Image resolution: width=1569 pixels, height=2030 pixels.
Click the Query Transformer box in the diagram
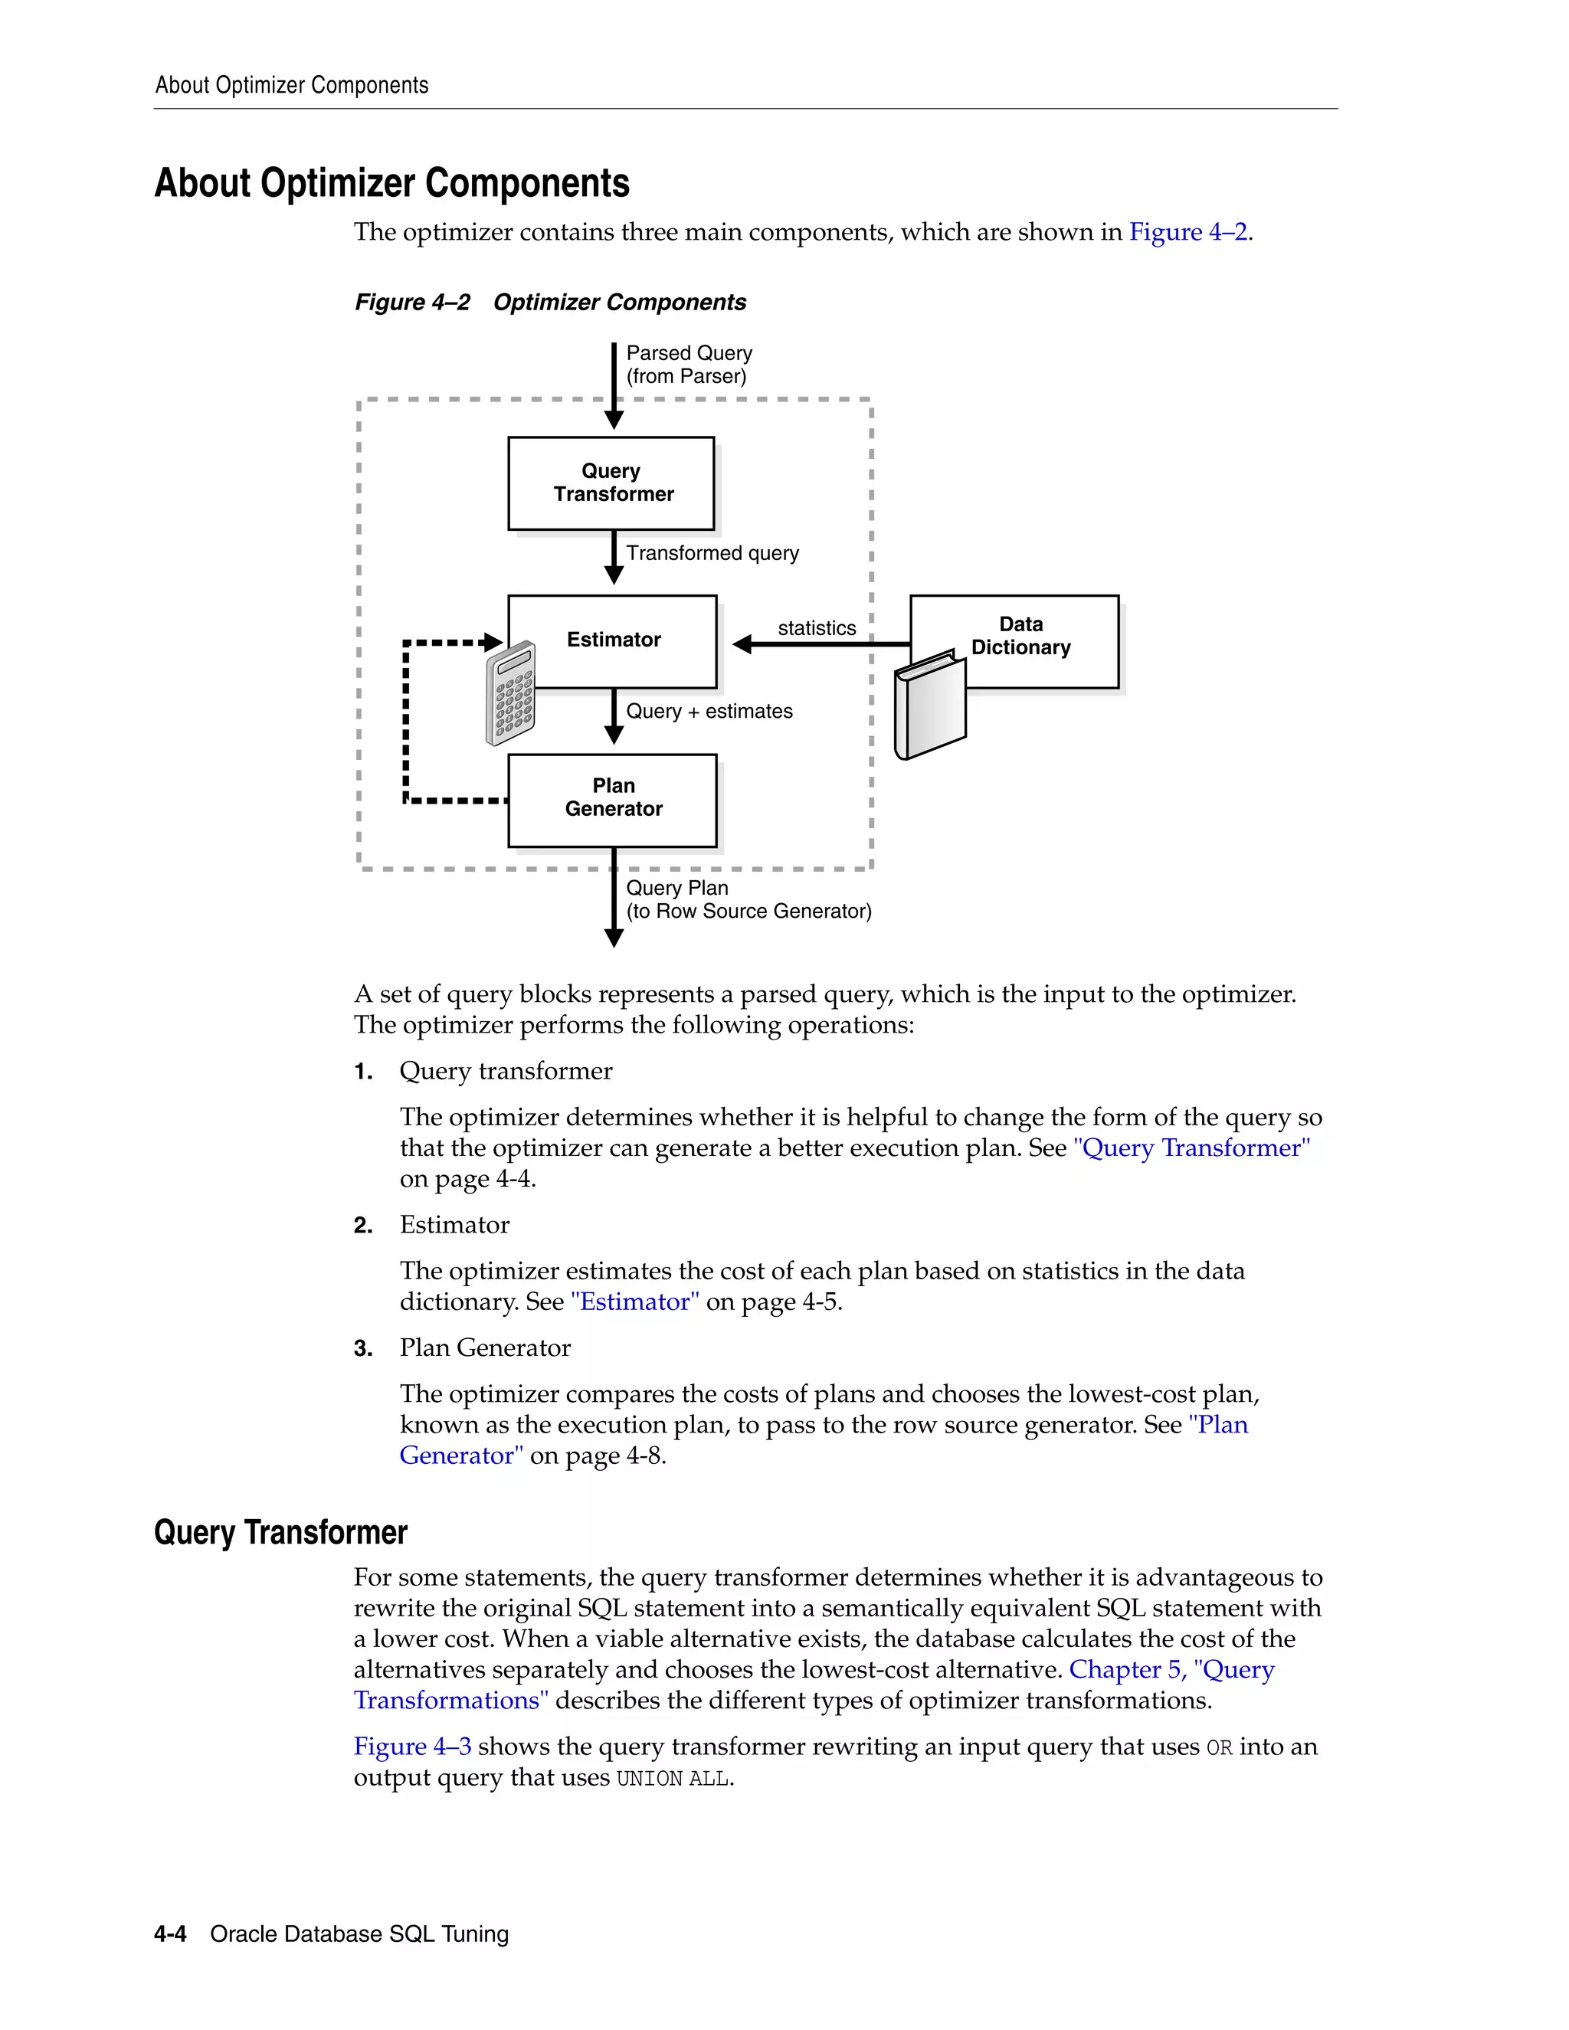point(611,483)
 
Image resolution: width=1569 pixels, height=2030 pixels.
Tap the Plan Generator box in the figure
point(613,798)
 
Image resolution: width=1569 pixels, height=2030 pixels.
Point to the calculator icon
point(510,693)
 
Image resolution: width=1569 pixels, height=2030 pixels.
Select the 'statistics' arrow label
point(816,628)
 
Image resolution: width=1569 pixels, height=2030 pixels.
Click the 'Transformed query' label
point(712,553)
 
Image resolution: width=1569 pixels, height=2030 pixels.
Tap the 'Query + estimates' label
point(709,711)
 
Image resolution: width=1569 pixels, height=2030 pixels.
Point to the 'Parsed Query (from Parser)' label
point(689,365)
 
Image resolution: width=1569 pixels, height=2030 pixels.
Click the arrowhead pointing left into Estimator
point(742,644)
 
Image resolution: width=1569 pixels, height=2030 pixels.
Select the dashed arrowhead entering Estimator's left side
point(493,642)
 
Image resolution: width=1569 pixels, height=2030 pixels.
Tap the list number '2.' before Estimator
point(363,1225)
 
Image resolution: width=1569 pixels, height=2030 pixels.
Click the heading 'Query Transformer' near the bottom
point(280,1532)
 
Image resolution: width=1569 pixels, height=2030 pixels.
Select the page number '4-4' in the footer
point(170,1934)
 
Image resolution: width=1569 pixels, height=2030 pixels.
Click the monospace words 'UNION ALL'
point(673,1778)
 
